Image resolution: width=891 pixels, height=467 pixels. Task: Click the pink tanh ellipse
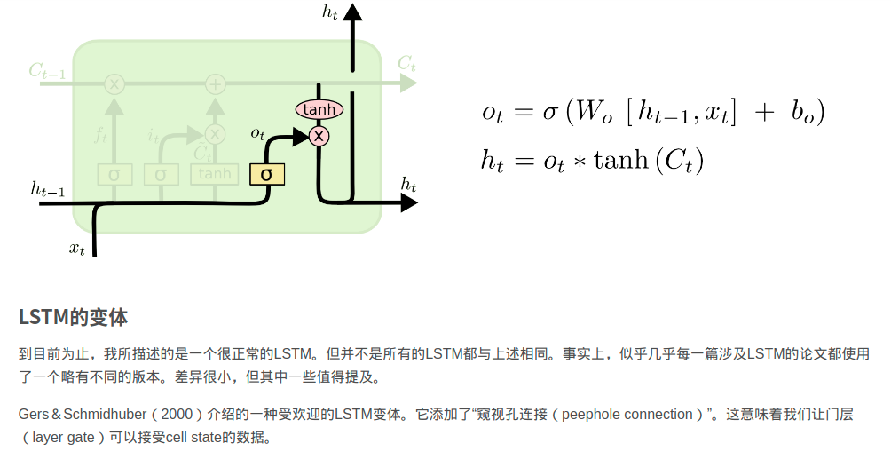(319, 109)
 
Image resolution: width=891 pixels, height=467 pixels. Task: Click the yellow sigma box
(266, 173)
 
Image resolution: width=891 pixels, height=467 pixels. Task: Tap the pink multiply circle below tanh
(319, 136)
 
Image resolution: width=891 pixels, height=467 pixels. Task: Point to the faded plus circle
(215, 84)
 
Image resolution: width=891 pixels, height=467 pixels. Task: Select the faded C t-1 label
(47, 71)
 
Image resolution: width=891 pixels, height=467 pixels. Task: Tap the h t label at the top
(331, 12)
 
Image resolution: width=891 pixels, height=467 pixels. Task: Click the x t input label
(77, 249)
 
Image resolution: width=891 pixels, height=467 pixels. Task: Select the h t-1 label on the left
(47, 188)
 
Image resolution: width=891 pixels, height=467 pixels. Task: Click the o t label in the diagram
(257, 134)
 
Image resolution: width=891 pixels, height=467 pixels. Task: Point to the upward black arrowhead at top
(352, 12)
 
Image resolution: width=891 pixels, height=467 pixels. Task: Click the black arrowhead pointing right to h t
(408, 202)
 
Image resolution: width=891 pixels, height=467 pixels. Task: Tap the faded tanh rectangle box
(215, 174)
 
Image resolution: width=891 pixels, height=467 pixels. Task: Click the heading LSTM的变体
(73, 317)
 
